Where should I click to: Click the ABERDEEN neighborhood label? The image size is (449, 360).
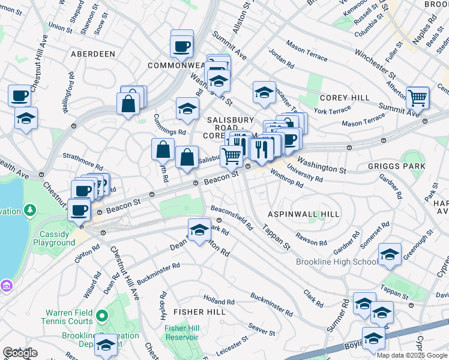(93, 54)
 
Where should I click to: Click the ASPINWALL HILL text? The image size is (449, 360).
(295, 214)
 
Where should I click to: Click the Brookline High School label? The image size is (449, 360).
(336, 262)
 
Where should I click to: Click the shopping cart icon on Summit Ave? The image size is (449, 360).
(417, 97)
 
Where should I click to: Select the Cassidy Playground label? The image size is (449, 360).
(58, 238)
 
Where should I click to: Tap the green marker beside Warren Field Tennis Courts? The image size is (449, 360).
(101, 315)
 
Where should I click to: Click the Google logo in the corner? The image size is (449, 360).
(20, 353)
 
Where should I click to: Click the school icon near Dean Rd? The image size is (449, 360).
(199, 229)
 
